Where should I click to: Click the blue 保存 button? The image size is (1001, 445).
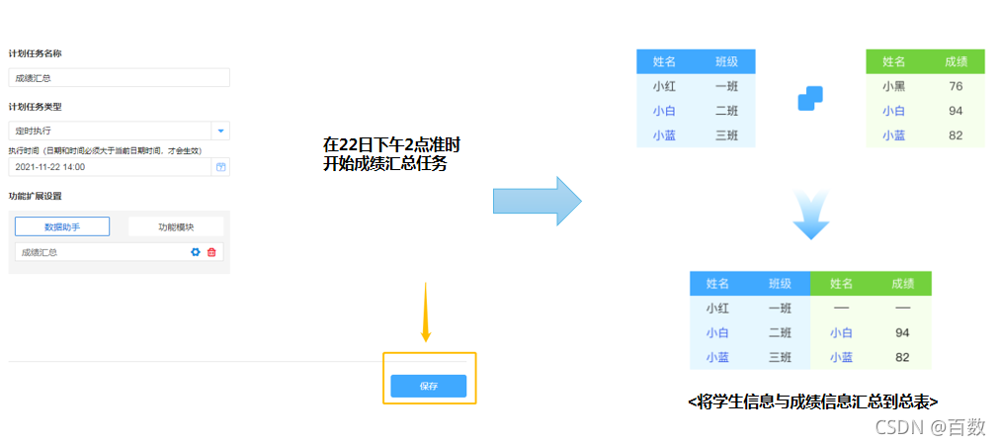[x=428, y=387]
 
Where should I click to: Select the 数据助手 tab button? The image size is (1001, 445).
[x=62, y=226]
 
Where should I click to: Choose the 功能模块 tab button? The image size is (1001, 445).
[x=176, y=226]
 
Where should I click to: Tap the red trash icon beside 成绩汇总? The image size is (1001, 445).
[x=211, y=252]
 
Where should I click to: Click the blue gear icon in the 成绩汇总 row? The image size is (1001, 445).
[x=196, y=252]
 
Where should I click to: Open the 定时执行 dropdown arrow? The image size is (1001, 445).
[x=220, y=131]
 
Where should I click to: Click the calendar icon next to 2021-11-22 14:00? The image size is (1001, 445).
[x=220, y=167]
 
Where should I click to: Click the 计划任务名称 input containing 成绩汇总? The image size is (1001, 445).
[x=119, y=77]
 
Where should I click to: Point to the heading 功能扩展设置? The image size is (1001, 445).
[x=36, y=196]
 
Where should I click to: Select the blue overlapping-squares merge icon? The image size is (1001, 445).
[x=810, y=98]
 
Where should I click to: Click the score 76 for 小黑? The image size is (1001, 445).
[x=956, y=86]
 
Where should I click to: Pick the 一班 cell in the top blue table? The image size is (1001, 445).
[x=726, y=86]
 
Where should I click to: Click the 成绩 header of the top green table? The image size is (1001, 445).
[x=956, y=61]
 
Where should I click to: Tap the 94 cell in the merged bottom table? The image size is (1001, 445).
[x=901, y=333]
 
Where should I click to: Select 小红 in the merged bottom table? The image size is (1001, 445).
[x=717, y=309]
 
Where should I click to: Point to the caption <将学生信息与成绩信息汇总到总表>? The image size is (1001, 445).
[x=812, y=400]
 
